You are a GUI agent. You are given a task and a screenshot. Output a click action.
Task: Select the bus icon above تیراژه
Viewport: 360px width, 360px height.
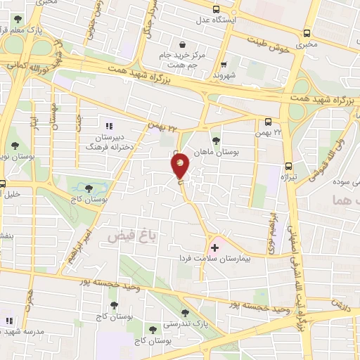(x=288, y=167)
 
